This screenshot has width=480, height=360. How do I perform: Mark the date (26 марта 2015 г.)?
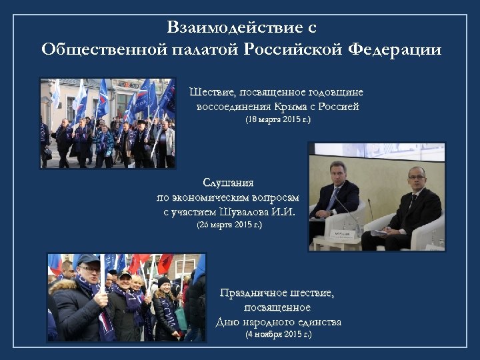click(229, 225)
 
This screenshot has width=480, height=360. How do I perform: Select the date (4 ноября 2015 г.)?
click(278, 335)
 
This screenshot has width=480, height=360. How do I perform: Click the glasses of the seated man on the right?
click(417, 178)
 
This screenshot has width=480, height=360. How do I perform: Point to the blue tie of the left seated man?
click(333, 198)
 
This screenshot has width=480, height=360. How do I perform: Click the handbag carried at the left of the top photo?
click(47, 152)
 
